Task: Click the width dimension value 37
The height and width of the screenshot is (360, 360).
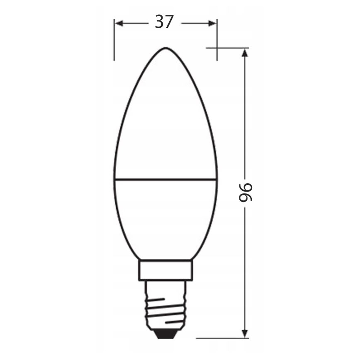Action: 164,22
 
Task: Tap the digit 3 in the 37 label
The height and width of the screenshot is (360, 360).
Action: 159,22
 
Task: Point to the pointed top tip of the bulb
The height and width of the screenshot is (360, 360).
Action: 165,48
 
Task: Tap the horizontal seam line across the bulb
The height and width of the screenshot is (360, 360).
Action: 165,180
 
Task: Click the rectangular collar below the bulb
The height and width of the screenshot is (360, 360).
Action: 165,270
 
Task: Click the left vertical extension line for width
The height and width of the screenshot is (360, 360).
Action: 114,41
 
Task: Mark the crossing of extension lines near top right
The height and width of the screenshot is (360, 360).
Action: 217,48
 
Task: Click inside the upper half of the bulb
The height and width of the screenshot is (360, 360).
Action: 165,124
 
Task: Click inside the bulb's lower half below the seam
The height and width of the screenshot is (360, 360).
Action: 165,216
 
